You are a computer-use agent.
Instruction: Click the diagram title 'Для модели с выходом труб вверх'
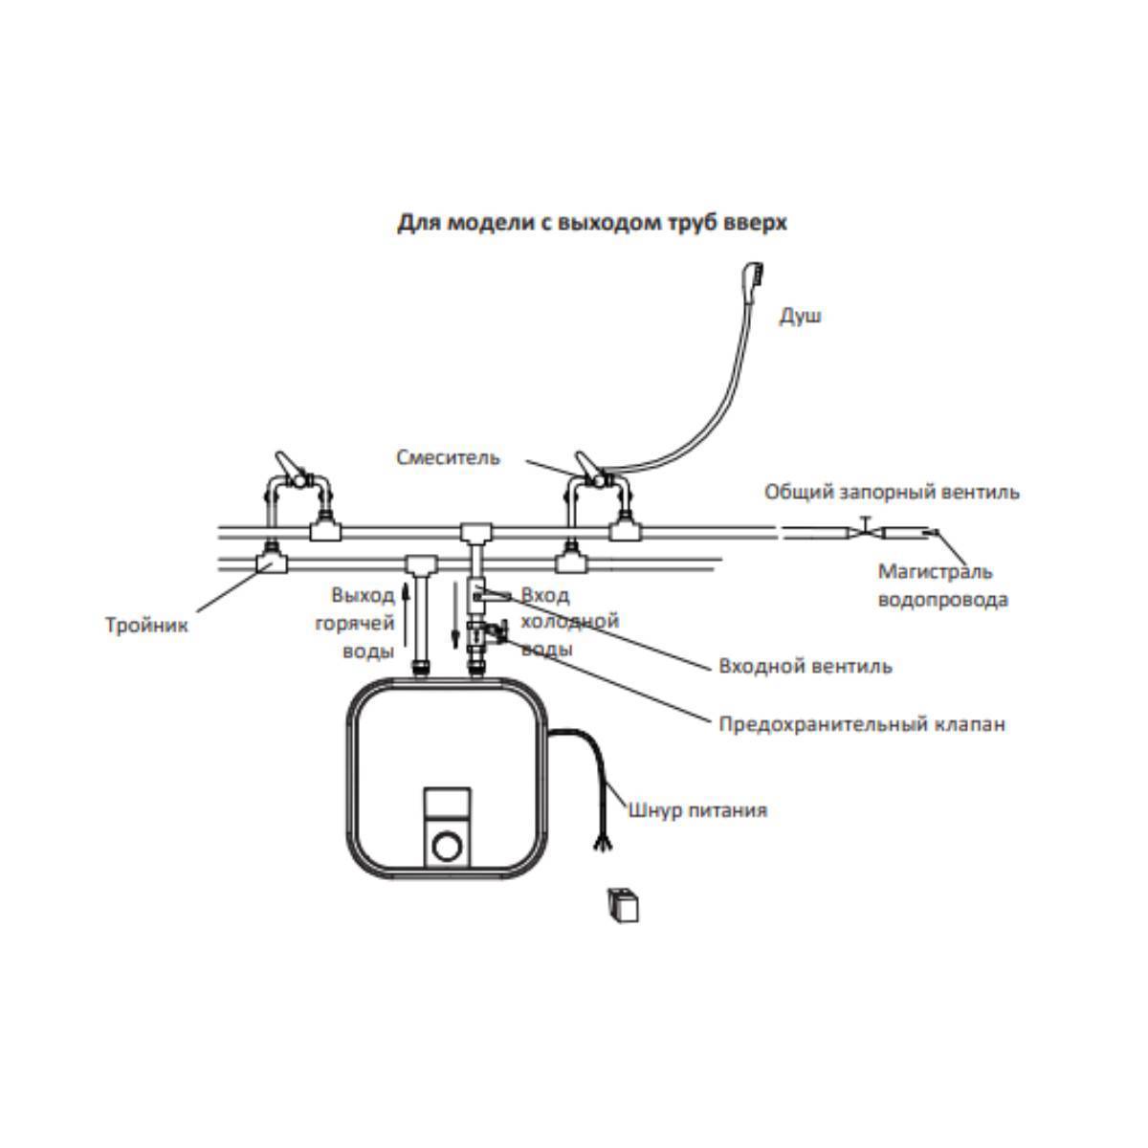pyautogui.click(x=591, y=223)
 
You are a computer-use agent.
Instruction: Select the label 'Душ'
pyautogui.click(x=800, y=316)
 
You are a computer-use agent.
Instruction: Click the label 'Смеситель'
pyautogui.click(x=448, y=457)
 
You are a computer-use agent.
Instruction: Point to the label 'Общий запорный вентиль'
pyautogui.click(x=892, y=492)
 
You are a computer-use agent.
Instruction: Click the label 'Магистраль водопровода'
pyautogui.click(x=943, y=585)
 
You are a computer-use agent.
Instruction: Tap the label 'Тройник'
pyautogui.click(x=146, y=625)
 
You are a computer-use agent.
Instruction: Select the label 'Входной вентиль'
pyautogui.click(x=806, y=666)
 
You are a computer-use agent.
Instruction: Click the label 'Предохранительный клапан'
pyautogui.click(x=862, y=724)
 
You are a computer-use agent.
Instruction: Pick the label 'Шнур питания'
pyautogui.click(x=697, y=810)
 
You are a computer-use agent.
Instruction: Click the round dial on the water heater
pyautogui.click(x=446, y=847)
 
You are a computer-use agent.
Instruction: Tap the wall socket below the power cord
pyautogui.click(x=623, y=906)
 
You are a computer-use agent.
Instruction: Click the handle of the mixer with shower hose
pyautogui.click(x=586, y=463)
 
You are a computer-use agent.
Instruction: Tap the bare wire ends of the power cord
pyautogui.click(x=601, y=842)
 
